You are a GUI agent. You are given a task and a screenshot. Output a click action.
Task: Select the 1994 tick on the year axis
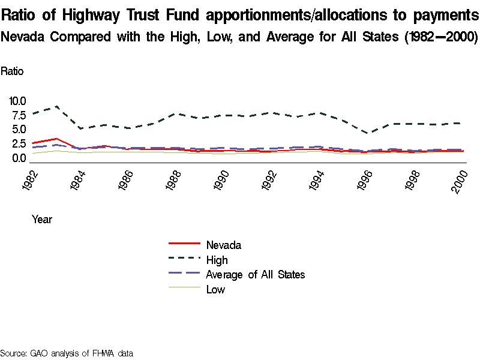pyautogui.click(x=317, y=181)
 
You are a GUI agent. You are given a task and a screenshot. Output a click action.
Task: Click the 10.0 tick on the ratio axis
pyautogui.click(x=17, y=100)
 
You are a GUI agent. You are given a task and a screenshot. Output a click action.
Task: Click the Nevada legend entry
pyautogui.click(x=223, y=245)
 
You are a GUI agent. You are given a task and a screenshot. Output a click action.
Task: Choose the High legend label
pyautogui.click(x=217, y=260)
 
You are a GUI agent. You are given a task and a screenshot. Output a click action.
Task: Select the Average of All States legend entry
pyautogui.click(x=255, y=275)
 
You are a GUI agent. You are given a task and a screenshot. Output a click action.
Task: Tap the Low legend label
pyautogui.click(x=215, y=290)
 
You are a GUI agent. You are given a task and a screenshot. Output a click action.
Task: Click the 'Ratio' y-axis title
pyautogui.click(x=12, y=71)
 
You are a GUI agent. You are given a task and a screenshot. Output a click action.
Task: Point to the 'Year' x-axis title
pyautogui.click(x=42, y=220)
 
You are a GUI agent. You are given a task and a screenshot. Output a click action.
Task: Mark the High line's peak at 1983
pyautogui.click(x=56, y=107)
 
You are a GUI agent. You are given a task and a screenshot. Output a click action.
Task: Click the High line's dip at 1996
pyautogui.click(x=370, y=133)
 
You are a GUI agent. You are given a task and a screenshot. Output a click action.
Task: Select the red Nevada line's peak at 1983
pyautogui.click(x=56, y=139)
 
